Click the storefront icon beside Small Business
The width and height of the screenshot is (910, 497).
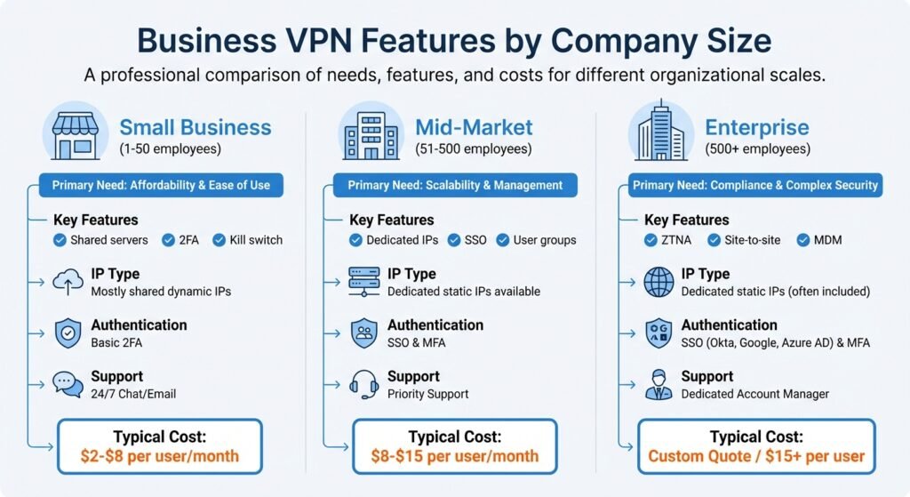click(x=76, y=136)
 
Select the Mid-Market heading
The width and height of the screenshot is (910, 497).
click(x=474, y=127)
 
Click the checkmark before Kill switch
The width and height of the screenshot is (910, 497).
click(x=219, y=240)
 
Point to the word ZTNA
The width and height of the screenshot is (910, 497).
click(x=676, y=240)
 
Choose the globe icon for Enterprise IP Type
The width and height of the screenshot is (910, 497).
click(x=659, y=282)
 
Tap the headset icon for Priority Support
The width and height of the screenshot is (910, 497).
click(x=363, y=384)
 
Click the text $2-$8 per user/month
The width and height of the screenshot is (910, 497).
click(x=160, y=456)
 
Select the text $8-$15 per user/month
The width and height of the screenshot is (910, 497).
click(x=455, y=456)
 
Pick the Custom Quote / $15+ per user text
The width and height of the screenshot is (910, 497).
click(x=756, y=456)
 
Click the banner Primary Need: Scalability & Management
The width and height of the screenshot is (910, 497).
click(x=455, y=185)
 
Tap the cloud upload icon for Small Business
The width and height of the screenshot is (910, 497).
click(x=68, y=282)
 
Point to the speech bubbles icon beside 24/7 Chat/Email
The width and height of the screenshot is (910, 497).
click(x=68, y=384)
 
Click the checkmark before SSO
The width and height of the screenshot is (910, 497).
click(x=454, y=240)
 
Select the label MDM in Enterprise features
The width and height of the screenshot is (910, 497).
click(x=827, y=240)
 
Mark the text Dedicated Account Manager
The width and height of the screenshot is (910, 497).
click(x=755, y=394)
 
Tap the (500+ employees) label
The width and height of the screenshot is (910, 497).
click(x=757, y=149)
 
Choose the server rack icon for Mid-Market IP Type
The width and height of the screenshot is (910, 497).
click(x=363, y=282)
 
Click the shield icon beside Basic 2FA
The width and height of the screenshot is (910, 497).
click(x=68, y=333)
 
